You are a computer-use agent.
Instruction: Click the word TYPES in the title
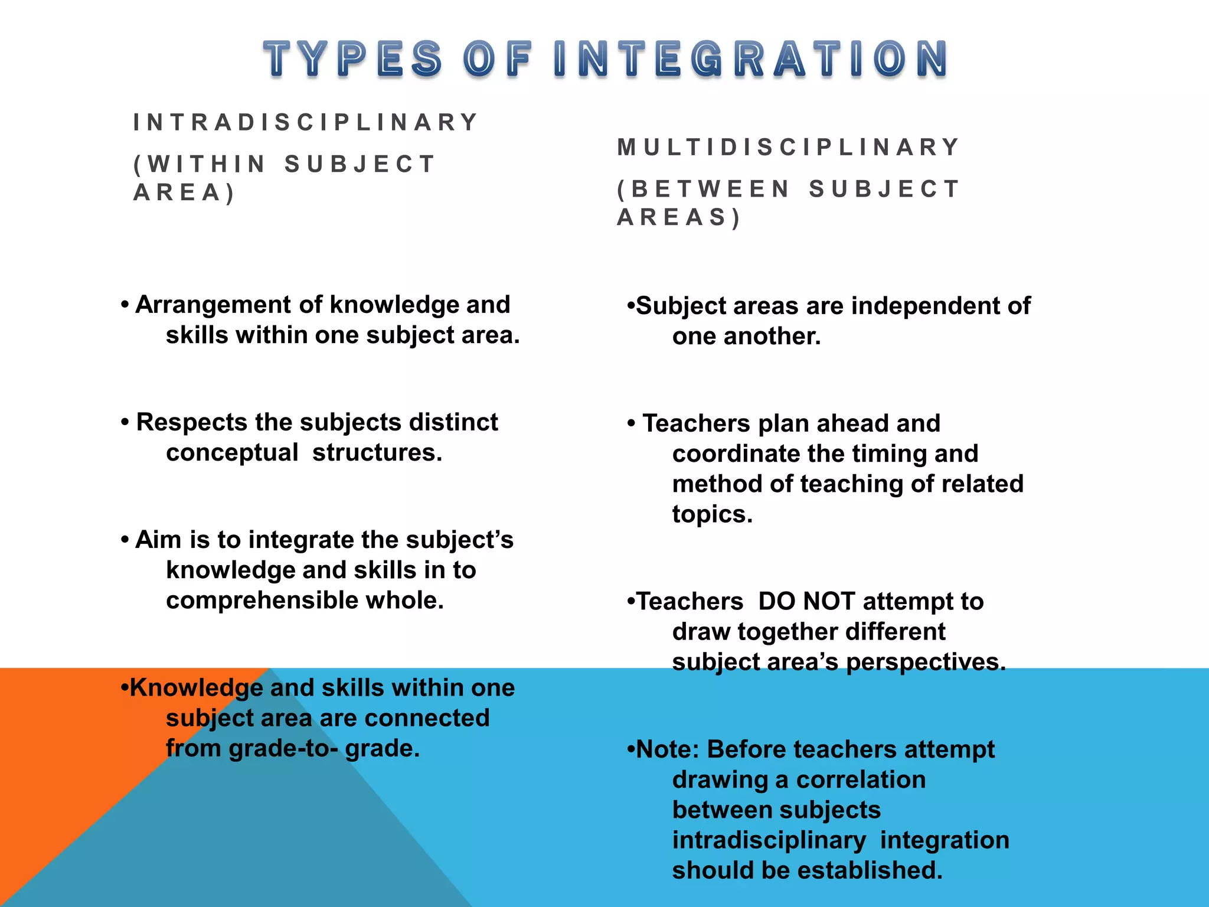click(x=352, y=59)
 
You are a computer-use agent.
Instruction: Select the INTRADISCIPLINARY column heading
click(x=305, y=123)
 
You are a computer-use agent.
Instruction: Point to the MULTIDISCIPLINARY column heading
click(x=788, y=147)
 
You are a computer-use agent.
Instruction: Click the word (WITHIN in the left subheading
click(x=200, y=164)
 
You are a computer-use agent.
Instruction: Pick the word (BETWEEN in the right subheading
click(x=703, y=189)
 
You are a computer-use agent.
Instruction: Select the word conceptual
click(x=232, y=453)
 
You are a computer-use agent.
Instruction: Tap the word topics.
click(x=712, y=514)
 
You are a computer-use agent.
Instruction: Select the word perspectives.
click(x=926, y=662)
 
